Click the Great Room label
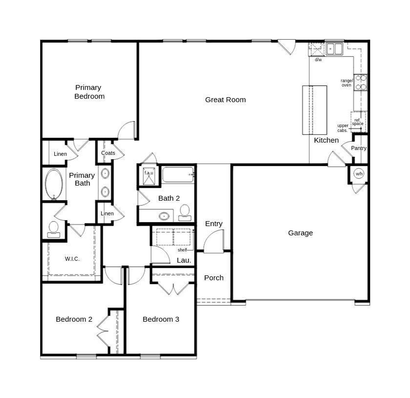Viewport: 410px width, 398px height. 225,100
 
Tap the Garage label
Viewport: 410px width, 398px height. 300,233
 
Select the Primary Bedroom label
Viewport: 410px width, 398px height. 89,92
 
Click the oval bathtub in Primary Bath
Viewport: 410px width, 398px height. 53,184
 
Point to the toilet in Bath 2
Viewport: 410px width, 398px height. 184,213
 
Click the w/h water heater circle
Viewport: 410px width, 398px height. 359,174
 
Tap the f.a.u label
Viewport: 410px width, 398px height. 149,173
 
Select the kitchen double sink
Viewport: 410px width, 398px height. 334,49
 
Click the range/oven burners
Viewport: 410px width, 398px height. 361,82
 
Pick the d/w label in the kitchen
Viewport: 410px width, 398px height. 318,60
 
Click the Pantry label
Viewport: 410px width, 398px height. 358,148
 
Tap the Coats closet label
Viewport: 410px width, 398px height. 108,153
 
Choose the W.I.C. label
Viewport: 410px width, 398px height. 72,259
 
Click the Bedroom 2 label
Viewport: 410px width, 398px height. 74,319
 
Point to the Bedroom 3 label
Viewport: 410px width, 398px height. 161,319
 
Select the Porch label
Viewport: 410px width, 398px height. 214,278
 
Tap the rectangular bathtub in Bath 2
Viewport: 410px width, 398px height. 178,175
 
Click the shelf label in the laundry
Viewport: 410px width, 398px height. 182,250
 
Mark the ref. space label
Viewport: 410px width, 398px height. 357,122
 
